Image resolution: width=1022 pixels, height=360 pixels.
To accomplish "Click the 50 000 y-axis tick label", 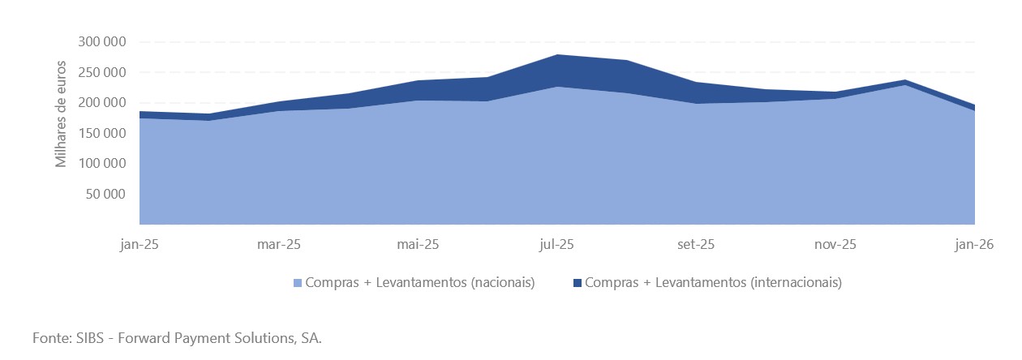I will tap(105, 194).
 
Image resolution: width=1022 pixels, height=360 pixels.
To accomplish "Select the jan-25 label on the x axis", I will tap(140, 244).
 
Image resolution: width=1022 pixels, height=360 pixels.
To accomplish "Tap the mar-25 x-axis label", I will tap(279, 244).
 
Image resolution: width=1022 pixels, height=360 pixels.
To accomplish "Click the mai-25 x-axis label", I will tap(419, 244).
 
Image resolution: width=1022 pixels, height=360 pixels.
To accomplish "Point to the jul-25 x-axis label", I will tap(557, 244).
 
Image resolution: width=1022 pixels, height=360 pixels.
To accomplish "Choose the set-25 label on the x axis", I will tap(696, 244).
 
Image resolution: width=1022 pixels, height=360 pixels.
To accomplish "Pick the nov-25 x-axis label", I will tap(835, 244).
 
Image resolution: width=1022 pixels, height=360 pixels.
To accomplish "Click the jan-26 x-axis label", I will tap(974, 244).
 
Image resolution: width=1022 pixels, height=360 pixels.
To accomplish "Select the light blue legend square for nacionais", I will tap(297, 283).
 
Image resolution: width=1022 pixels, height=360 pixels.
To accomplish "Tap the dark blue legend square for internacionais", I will tap(577, 283).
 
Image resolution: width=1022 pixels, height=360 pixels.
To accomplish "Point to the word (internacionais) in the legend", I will tap(796, 283).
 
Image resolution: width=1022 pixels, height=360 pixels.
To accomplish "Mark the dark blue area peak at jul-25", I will tap(557, 70).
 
